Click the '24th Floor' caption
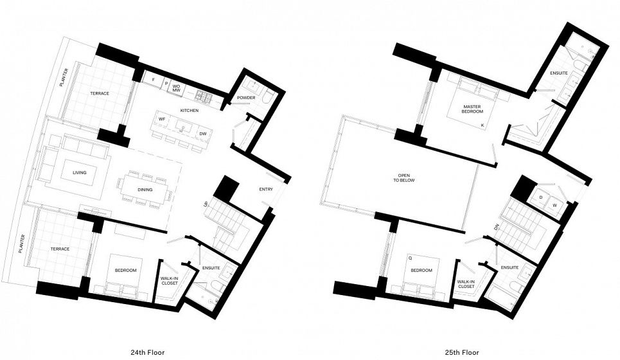148,352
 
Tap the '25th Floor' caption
461,352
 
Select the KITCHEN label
190,111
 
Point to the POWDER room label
246,98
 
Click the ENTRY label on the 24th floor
266,189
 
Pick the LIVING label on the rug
80,172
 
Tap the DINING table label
145,190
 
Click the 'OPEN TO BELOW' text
403,177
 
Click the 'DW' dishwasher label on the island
203,134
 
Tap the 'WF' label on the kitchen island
162,119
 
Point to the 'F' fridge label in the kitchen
154,80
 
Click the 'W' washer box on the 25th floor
554,206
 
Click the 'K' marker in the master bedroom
483,125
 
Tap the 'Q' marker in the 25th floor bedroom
410,258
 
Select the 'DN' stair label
496,228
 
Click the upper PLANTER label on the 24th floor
64,78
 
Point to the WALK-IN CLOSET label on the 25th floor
466,284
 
